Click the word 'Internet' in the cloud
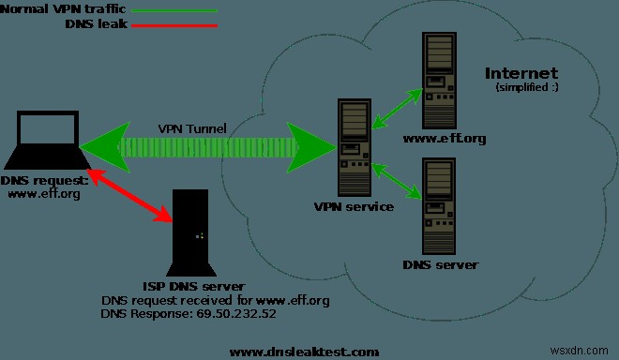click(x=521, y=73)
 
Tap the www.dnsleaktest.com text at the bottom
click(x=304, y=352)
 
